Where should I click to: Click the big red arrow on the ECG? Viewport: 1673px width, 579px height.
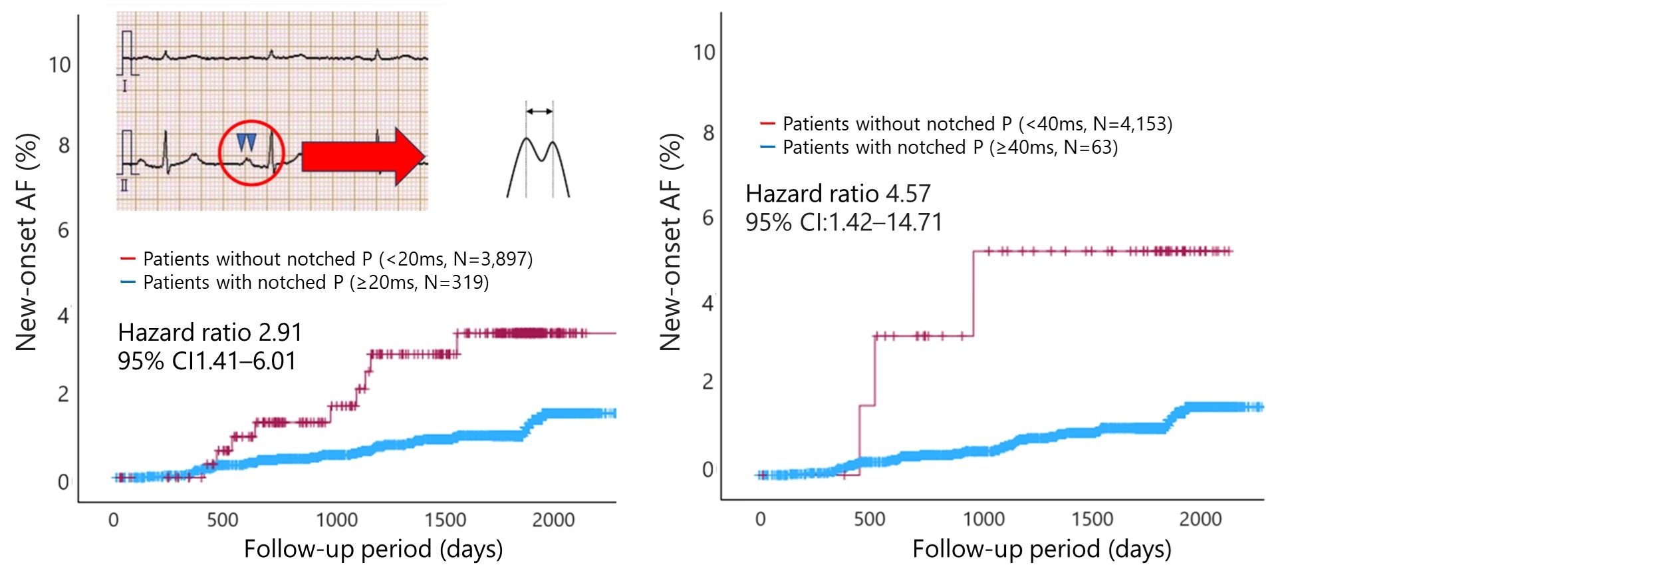click(362, 156)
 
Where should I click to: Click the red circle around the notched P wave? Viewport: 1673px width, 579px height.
click(251, 153)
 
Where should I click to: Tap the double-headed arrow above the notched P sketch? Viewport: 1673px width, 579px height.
click(539, 111)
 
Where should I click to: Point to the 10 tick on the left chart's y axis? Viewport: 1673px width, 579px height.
click(60, 65)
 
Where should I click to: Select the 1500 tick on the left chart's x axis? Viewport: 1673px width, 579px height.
click(445, 520)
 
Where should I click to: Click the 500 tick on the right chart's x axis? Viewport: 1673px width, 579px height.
click(869, 519)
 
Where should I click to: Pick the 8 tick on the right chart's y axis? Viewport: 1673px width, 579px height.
click(708, 133)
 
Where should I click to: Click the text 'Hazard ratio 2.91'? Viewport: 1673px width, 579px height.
click(210, 332)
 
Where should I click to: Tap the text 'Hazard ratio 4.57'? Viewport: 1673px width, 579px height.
click(838, 194)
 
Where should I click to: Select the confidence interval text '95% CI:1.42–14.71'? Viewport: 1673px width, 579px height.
click(844, 222)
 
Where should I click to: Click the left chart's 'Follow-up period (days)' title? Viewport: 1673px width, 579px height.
click(373, 549)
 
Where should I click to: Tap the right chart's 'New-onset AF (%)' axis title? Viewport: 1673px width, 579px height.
click(670, 242)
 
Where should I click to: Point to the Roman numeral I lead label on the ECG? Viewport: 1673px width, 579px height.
click(124, 86)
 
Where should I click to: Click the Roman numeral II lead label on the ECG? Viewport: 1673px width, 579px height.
click(124, 185)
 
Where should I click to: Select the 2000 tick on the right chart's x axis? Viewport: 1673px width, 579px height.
click(1200, 519)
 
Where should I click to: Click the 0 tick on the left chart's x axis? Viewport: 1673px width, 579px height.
click(114, 520)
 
